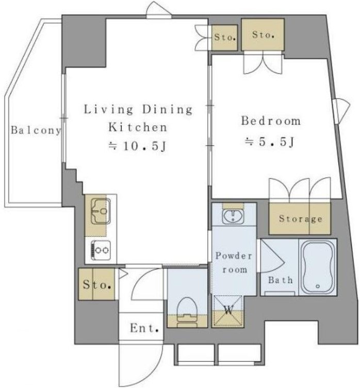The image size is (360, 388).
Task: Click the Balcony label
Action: tap(36, 130)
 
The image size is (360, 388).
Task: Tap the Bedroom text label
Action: tap(271, 121)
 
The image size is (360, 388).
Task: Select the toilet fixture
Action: tap(187, 312)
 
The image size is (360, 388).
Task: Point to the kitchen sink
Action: tap(101, 211)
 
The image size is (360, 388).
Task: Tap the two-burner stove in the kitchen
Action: tap(101, 250)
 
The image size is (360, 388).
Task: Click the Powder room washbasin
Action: tap(233, 216)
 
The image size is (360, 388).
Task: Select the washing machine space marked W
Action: tap(228, 311)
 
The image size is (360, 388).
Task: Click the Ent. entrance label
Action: tap(144, 328)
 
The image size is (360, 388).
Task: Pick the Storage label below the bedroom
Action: tap(301, 219)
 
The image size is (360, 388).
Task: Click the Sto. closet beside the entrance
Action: tap(97, 284)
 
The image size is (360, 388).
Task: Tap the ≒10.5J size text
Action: tap(137, 146)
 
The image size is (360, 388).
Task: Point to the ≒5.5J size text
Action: tap(269, 142)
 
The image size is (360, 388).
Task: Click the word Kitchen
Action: tap(138, 127)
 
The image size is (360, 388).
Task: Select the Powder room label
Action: tap(234, 263)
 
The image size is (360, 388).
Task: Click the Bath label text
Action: tap(280, 280)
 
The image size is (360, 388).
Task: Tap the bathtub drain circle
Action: tap(318, 286)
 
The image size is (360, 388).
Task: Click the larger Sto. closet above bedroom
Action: tap(263, 35)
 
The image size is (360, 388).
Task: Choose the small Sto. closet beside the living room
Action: tap(224, 38)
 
